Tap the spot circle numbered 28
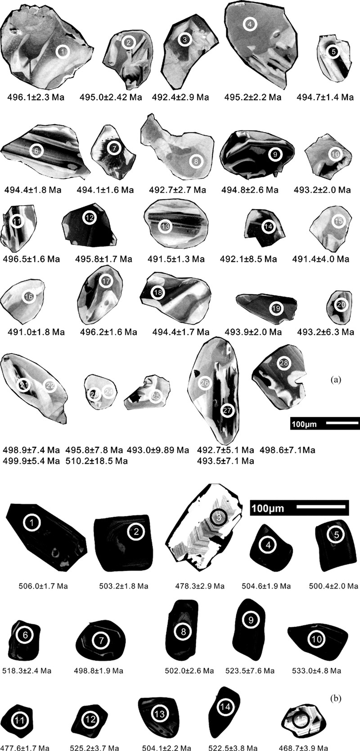[283, 363]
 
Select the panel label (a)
[335, 380]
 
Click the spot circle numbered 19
[276, 308]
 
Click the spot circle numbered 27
[227, 410]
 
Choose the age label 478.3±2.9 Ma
[199, 586]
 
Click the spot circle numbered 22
[50, 385]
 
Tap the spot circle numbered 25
[155, 396]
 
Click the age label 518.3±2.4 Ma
[27, 670]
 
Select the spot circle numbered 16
[28, 297]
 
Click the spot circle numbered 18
[158, 293]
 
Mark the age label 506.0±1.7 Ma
[43, 586]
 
